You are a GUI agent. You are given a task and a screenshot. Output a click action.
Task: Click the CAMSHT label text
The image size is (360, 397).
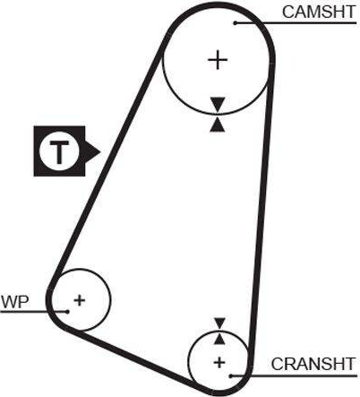tap(319, 12)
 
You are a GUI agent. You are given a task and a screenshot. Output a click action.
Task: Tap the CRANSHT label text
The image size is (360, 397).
tap(313, 364)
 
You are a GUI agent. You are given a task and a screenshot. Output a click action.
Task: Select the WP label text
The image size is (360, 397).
tap(15, 302)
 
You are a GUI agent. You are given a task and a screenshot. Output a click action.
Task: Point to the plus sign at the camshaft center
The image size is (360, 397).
tap(218, 60)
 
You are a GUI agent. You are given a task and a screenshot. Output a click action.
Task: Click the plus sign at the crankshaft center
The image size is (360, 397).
tap(219, 362)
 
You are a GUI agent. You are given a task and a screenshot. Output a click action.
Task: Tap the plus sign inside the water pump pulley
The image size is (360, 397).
tap(80, 300)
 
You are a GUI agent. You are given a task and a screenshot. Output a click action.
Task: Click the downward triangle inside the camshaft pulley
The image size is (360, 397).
tap(218, 104)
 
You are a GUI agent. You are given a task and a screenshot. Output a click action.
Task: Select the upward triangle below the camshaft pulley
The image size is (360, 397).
tap(218, 125)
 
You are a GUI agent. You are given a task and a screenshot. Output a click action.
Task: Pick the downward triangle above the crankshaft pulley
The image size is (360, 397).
tap(220, 324)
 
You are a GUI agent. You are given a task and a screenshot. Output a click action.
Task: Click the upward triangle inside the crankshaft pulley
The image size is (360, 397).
tap(219, 339)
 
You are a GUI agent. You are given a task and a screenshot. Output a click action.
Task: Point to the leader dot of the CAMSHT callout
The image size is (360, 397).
tap(236, 23)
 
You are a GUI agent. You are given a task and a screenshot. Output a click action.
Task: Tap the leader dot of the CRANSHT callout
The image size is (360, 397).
tap(231, 375)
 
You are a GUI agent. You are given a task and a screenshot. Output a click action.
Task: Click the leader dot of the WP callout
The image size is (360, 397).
tap(67, 312)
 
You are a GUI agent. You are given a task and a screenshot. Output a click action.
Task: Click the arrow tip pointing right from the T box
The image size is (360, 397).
tap(100, 151)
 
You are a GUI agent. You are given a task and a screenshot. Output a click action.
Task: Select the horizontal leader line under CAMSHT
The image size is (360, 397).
tap(296, 23)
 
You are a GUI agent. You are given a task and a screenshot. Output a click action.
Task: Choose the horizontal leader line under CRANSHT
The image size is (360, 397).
tap(294, 375)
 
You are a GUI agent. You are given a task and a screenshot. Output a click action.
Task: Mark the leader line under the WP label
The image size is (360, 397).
tap(34, 312)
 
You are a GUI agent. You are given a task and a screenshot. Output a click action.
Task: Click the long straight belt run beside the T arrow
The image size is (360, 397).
tap(107, 161)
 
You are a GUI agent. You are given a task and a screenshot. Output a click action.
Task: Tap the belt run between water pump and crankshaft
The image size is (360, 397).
tap(132, 358)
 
